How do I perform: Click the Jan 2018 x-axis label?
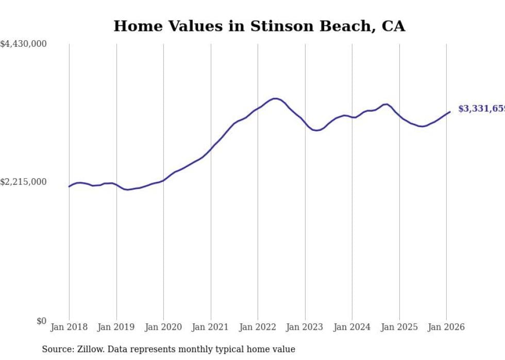(69, 327)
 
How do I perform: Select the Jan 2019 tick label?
(116, 327)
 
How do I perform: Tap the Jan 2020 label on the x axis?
(163, 327)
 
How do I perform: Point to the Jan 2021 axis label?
(211, 327)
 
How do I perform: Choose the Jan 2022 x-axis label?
(258, 327)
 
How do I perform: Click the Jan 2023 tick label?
(305, 327)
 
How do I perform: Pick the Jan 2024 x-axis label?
(352, 327)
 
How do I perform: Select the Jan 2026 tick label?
(446, 327)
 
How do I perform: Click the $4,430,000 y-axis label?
(24, 44)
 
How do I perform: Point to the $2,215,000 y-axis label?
(24, 182)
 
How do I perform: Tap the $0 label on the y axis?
(41, 321)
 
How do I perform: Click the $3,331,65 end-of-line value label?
(481, 109)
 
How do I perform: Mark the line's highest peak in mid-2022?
(276, 98)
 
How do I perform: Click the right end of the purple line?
(450, 112)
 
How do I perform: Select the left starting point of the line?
(69, 186)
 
